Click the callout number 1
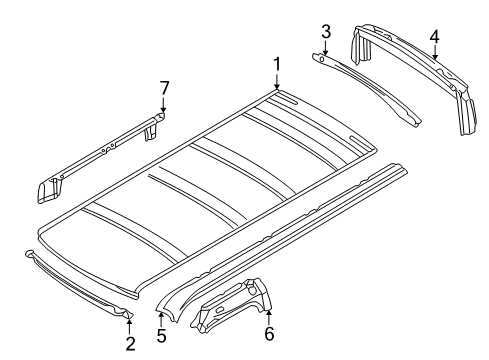coord(277,64)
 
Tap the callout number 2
coord(130,343)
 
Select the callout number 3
coord(326,32)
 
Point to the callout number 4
coord(434,36)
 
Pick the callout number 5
coord(161,335)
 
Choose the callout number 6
coord(269,334)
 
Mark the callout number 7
coord(164,88)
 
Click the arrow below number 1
coord(277,81)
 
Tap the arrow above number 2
coord(130,326)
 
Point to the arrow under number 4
coord(435,52)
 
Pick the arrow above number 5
coord(161,319)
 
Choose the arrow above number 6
coord(269,317)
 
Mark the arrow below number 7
coord(163,104)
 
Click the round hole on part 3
coord(322,59)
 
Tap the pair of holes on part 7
coord(108,148)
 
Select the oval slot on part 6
coord(220,310)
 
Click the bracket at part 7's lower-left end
coord(49,190)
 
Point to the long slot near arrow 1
coord(287,100)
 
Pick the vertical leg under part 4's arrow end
coord(467,112)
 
